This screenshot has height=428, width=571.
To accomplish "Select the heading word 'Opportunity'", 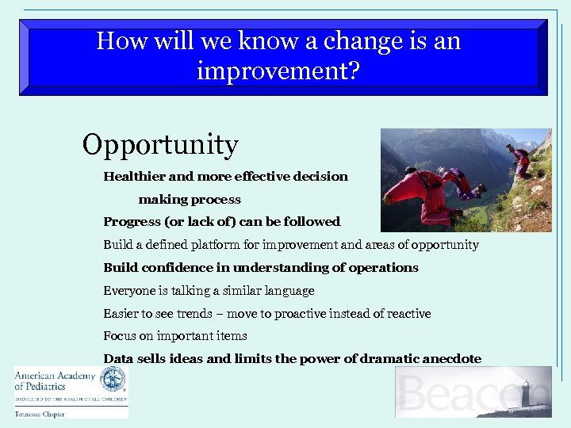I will click(160, 145).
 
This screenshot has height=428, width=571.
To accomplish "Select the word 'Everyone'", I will click(130, 291).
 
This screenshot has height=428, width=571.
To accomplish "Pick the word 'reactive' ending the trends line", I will click(405, 314).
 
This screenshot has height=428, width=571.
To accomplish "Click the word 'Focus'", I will click(120, 336).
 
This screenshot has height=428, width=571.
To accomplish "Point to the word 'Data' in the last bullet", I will click(118, 359).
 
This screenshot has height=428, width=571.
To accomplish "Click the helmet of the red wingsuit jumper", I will click(410, 171).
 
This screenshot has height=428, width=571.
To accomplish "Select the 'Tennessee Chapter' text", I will click(40, 413).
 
